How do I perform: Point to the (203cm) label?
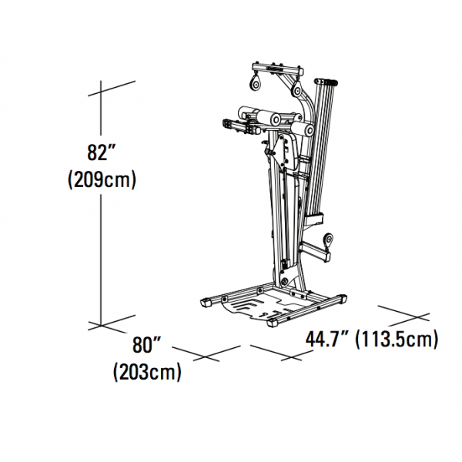(x=147, y=373)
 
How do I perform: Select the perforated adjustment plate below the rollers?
(x=287, y=154)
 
